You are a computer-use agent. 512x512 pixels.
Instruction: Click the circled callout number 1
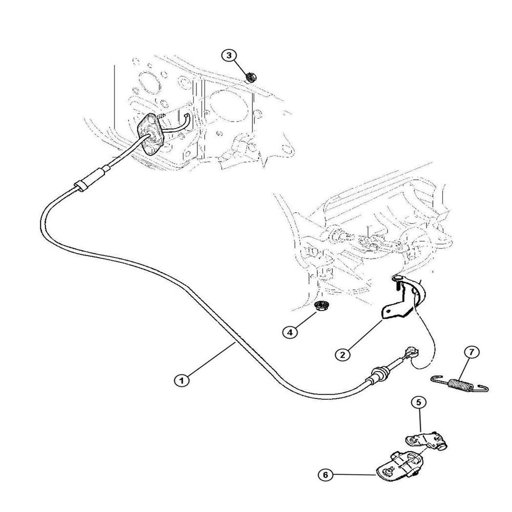tap(182, 380)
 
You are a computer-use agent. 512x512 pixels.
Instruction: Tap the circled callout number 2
tap(343, 354)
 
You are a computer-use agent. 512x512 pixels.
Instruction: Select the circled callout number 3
tap(229, 55)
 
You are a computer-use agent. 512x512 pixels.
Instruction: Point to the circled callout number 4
tap(290, 332)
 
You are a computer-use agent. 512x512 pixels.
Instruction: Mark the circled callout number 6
tap(325, 475)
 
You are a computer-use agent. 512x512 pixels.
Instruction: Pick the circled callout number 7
tap(472, 352)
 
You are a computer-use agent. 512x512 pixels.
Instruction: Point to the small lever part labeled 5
tap(426, 440)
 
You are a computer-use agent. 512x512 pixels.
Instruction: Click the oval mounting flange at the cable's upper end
tap(151, 134)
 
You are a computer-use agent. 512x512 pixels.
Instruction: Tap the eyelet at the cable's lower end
tap(410, 353)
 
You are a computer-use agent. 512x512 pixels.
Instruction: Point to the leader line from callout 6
tap(355, 475)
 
